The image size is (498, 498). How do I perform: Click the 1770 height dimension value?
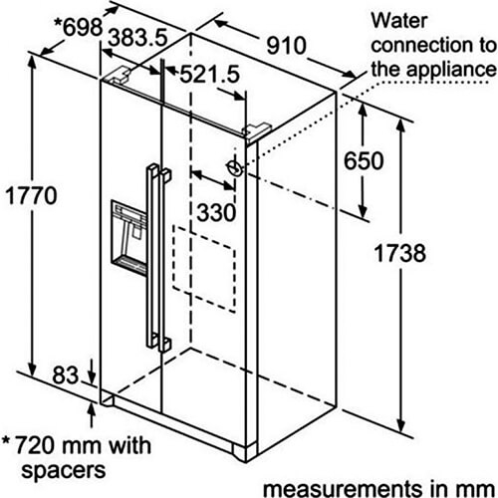pyautogui.click(x=31, y=196)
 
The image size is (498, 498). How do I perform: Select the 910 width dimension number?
pyautogui.click(x=286, y=46)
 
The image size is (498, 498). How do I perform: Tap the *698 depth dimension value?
pyautogui.click(x=79, y=27)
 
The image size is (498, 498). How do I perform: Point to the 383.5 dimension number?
pyautogui.click(x=138, y=37)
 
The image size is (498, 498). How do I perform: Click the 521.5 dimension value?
pyautogui.click(x=209, y=75)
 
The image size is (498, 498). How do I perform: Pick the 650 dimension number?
pyautogui.click(x=364, y=161)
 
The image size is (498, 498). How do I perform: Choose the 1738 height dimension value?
pyautogui.click(x=399, y=253)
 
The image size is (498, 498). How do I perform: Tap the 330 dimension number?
pyautogui.click(x=216, y=212)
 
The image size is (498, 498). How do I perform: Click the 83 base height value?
pyautogui.click(x=66, y=375)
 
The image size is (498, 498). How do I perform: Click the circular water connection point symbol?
pyautogui.click(x=235, y=167)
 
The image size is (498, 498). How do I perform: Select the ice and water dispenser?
pyautogui.click(x=128, y=237)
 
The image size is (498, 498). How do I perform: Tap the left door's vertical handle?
pyautogui.click(x=152, y=256)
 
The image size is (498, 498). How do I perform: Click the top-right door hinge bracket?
pyautogui.click(x=257, y=131)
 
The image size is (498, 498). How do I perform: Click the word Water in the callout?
pyautogui.click(x=399, y=21)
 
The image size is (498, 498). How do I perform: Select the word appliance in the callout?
pyautogui.click(x=451, y=71)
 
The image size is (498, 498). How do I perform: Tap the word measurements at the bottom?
pyautogui.click(x=342, y=489)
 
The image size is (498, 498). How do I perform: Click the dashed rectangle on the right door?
pyautogui.click(x=204, y=269)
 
